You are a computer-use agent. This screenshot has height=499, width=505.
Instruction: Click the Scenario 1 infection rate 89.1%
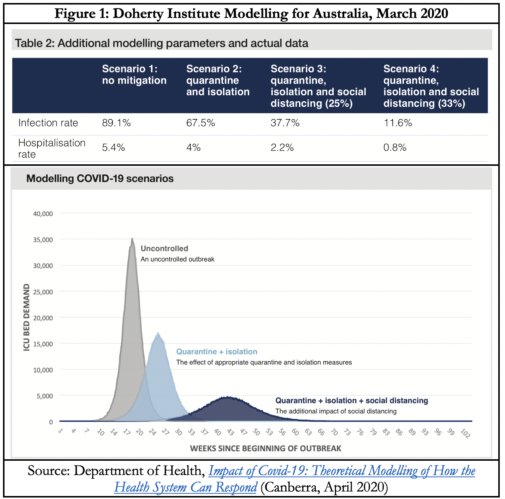tap(116, 123)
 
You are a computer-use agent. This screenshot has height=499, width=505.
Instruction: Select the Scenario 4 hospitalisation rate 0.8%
tap(394, 147)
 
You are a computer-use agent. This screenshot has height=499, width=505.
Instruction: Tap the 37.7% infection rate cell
tap(285, 123)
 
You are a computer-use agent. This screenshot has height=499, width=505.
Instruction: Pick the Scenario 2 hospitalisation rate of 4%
tap(193, 147)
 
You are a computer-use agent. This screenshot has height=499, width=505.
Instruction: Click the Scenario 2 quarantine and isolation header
tap(218, 80)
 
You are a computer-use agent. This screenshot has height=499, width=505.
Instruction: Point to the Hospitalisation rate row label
tap(52, 148)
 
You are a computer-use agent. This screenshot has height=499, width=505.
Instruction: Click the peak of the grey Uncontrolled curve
tap(132, 239)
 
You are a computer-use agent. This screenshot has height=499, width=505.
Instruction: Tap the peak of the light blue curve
tap(158, 333)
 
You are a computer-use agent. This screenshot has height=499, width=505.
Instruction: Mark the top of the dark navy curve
tap(227, 397)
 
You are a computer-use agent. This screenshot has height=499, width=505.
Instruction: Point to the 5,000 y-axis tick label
tap(45, 396)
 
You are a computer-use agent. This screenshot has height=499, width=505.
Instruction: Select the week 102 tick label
tap(465, 433)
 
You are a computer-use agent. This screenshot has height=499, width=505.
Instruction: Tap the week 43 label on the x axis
tap(230, 433)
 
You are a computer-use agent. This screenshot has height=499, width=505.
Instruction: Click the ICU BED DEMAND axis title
tap(26, 317)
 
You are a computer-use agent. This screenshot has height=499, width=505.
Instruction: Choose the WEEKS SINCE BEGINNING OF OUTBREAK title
tap(266, 448)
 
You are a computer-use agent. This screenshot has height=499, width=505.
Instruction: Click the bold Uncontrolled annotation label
tap(164, 248)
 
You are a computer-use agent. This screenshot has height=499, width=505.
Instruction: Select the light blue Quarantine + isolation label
tap(217, 352)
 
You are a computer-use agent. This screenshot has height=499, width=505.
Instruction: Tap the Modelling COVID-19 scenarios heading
tap(100, 179)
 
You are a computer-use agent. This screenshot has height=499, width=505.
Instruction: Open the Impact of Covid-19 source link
tap(341, 471)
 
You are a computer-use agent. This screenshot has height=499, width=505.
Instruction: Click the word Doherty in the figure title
tap(138, 14)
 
